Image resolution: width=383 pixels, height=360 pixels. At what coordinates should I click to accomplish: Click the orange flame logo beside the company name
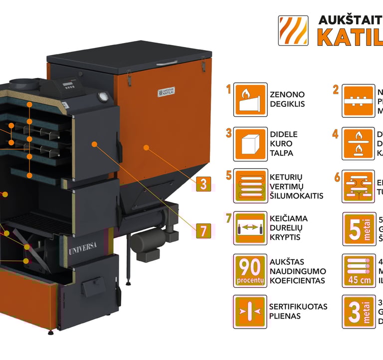[293, 30]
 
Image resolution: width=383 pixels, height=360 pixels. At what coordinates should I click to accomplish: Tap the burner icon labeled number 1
[250, 99]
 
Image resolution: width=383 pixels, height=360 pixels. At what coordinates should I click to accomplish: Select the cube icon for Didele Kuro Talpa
[250, 143]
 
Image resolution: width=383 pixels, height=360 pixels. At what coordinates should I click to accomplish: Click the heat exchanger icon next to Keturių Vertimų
[250, 186]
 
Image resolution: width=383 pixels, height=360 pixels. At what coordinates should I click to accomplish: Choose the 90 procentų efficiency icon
[250, 271]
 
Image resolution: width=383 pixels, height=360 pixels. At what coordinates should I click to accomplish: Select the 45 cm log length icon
[359, 271]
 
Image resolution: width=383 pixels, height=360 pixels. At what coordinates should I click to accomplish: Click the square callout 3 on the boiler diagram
[203, 184]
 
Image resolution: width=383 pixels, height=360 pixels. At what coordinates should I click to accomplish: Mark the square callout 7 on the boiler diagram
[203, 231]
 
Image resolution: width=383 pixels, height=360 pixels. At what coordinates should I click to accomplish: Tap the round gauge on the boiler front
[103, 96]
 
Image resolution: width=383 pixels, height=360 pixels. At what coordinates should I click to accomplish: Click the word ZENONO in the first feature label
[287, 94]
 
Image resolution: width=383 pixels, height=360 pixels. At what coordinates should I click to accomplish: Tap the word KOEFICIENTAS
[298, 281]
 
